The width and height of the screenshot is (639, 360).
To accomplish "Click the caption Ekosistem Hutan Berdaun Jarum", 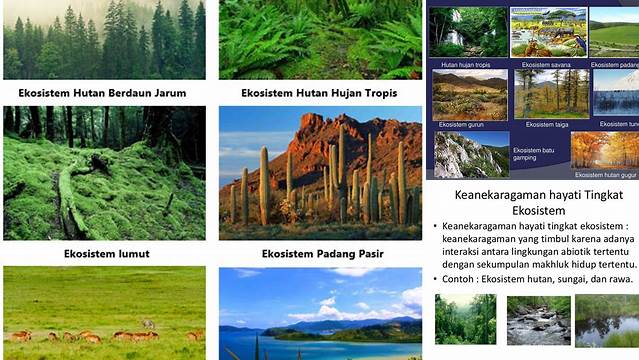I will click(x=102, y=93).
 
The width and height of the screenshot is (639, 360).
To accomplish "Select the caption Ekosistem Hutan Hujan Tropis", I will click(x=319, y=93).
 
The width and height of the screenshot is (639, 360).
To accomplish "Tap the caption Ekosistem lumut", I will click(x=105, y=254).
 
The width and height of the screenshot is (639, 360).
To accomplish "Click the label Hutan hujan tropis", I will click(x=465, y=64).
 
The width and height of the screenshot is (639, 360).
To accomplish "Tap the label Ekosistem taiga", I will click(x=547, y=125).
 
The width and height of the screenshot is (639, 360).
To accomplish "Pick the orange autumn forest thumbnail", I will click(x=604, y=150).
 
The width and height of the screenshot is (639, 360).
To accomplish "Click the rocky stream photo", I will click(x=538, y=320).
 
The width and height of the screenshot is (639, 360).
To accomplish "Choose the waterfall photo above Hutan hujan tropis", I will click(x=468, y=32).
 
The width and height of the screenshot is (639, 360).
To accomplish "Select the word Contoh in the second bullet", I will click(x=469, y=277).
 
